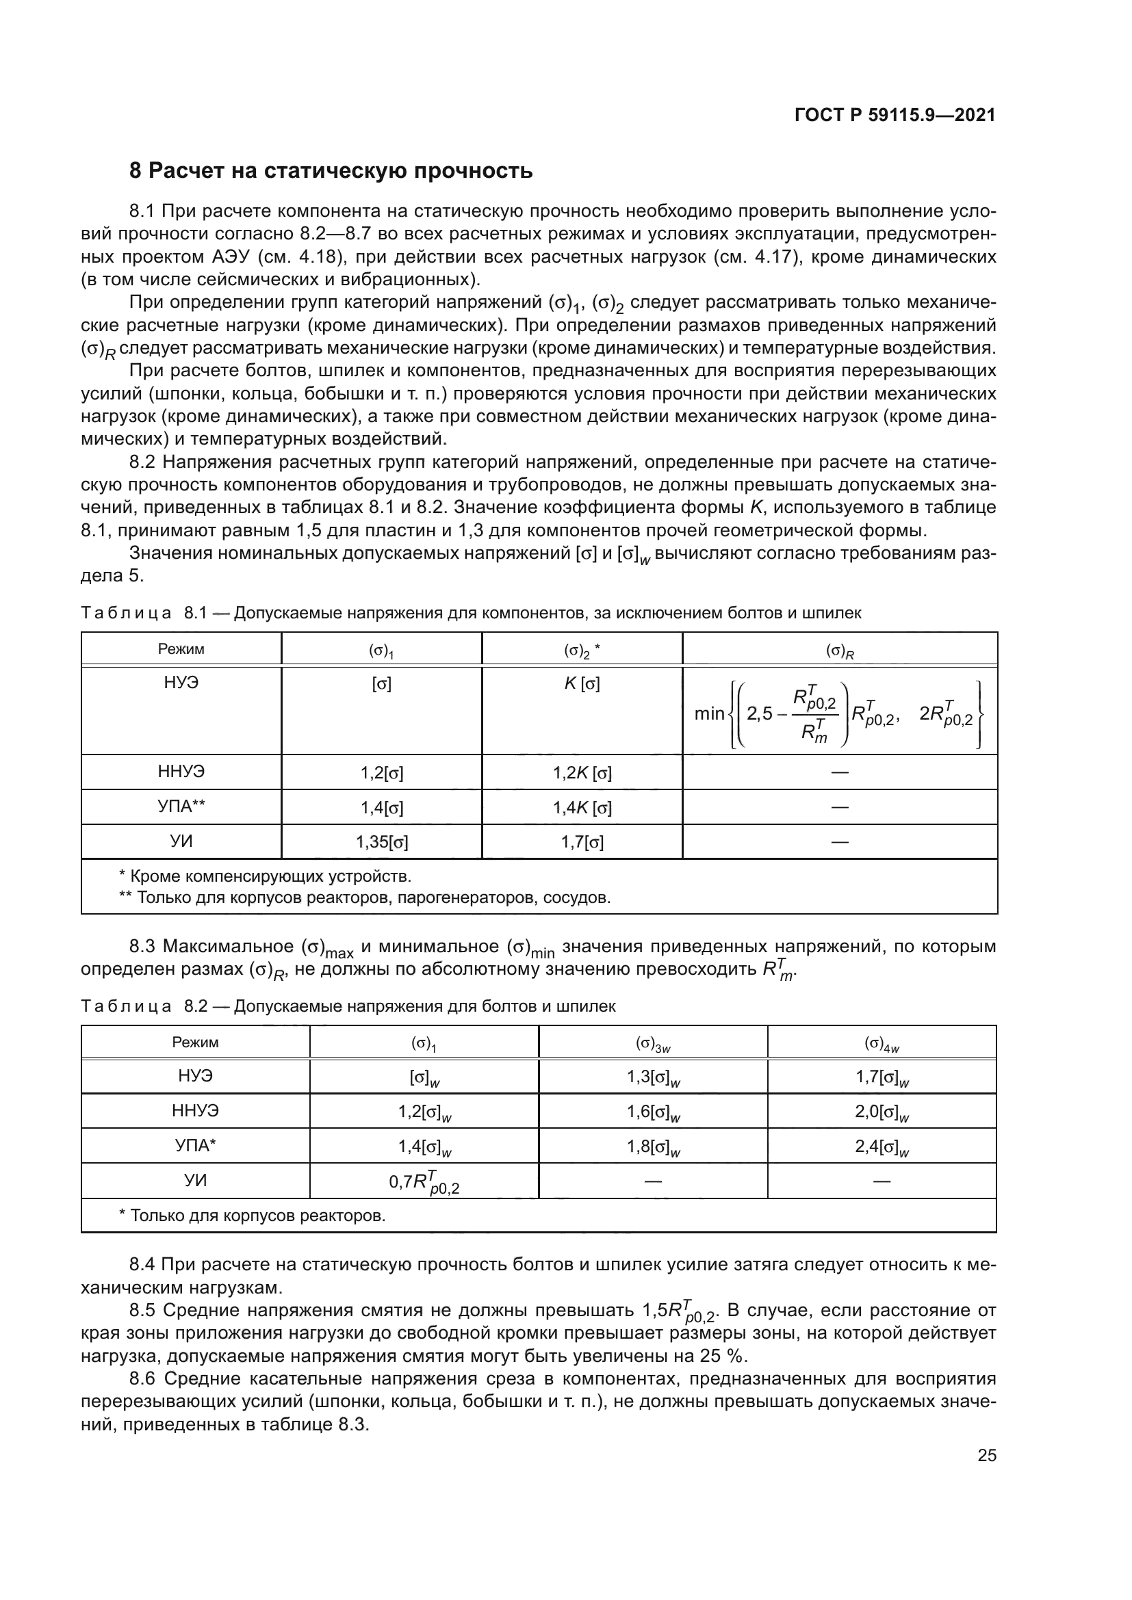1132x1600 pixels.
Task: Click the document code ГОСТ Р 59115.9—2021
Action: (895, 115)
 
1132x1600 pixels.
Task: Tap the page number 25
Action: (986, 1455)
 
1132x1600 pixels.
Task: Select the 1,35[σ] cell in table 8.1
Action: (381, 842)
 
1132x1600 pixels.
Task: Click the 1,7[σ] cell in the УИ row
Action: (582, 842)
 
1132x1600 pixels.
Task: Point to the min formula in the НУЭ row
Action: (838, 713)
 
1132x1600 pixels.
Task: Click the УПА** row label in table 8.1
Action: (181, 806)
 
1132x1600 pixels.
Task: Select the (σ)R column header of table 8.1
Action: (840, 650)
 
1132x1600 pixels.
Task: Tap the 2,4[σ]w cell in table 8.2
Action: (882, 1146)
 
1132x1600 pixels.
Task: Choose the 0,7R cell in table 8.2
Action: (424, 1183)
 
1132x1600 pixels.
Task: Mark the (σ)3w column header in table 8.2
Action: (653, 1043)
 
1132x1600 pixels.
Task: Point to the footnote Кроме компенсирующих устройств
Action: (266, 876)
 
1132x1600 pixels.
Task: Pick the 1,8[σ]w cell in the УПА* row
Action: (653, 1146)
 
